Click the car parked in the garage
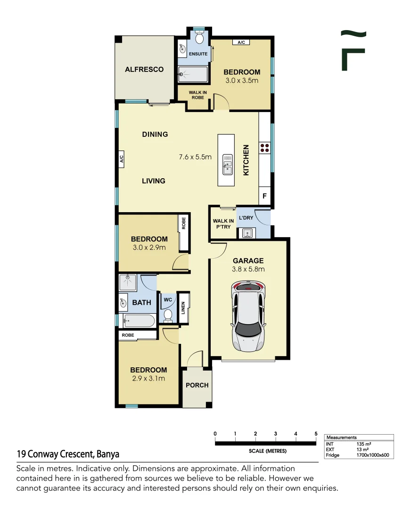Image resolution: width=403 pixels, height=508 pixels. pos(248,316)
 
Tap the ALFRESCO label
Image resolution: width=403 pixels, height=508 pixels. pos(144,69)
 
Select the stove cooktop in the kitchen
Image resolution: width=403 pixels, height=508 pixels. pos(265,148)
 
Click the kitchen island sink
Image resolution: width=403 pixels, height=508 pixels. pos(227,164)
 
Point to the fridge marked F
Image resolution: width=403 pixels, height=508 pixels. pos(265,196)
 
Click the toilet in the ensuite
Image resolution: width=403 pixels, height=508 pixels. pos(199,37)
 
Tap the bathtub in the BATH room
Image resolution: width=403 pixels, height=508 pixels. pos(140,321)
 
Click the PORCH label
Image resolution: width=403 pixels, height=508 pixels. pos(197,385)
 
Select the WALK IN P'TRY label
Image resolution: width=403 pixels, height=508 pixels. pos(223,224)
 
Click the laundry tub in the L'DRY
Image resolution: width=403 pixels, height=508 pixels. pos(247,233)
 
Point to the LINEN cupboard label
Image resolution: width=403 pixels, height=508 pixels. pos(183,308)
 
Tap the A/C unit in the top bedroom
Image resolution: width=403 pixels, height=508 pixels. pos(241,42)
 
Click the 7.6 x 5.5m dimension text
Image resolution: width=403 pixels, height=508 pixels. pos(195,157)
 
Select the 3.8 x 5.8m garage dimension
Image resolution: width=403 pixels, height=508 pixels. pos(248,269)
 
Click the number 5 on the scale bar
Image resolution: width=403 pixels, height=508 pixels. pos(316,434)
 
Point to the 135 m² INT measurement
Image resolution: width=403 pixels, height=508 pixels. pos(364,444)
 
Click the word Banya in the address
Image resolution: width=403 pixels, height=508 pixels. pos(108,454)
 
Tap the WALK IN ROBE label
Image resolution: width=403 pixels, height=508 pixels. pos(198,95)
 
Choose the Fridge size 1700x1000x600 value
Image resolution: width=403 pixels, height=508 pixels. pos(373,455)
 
